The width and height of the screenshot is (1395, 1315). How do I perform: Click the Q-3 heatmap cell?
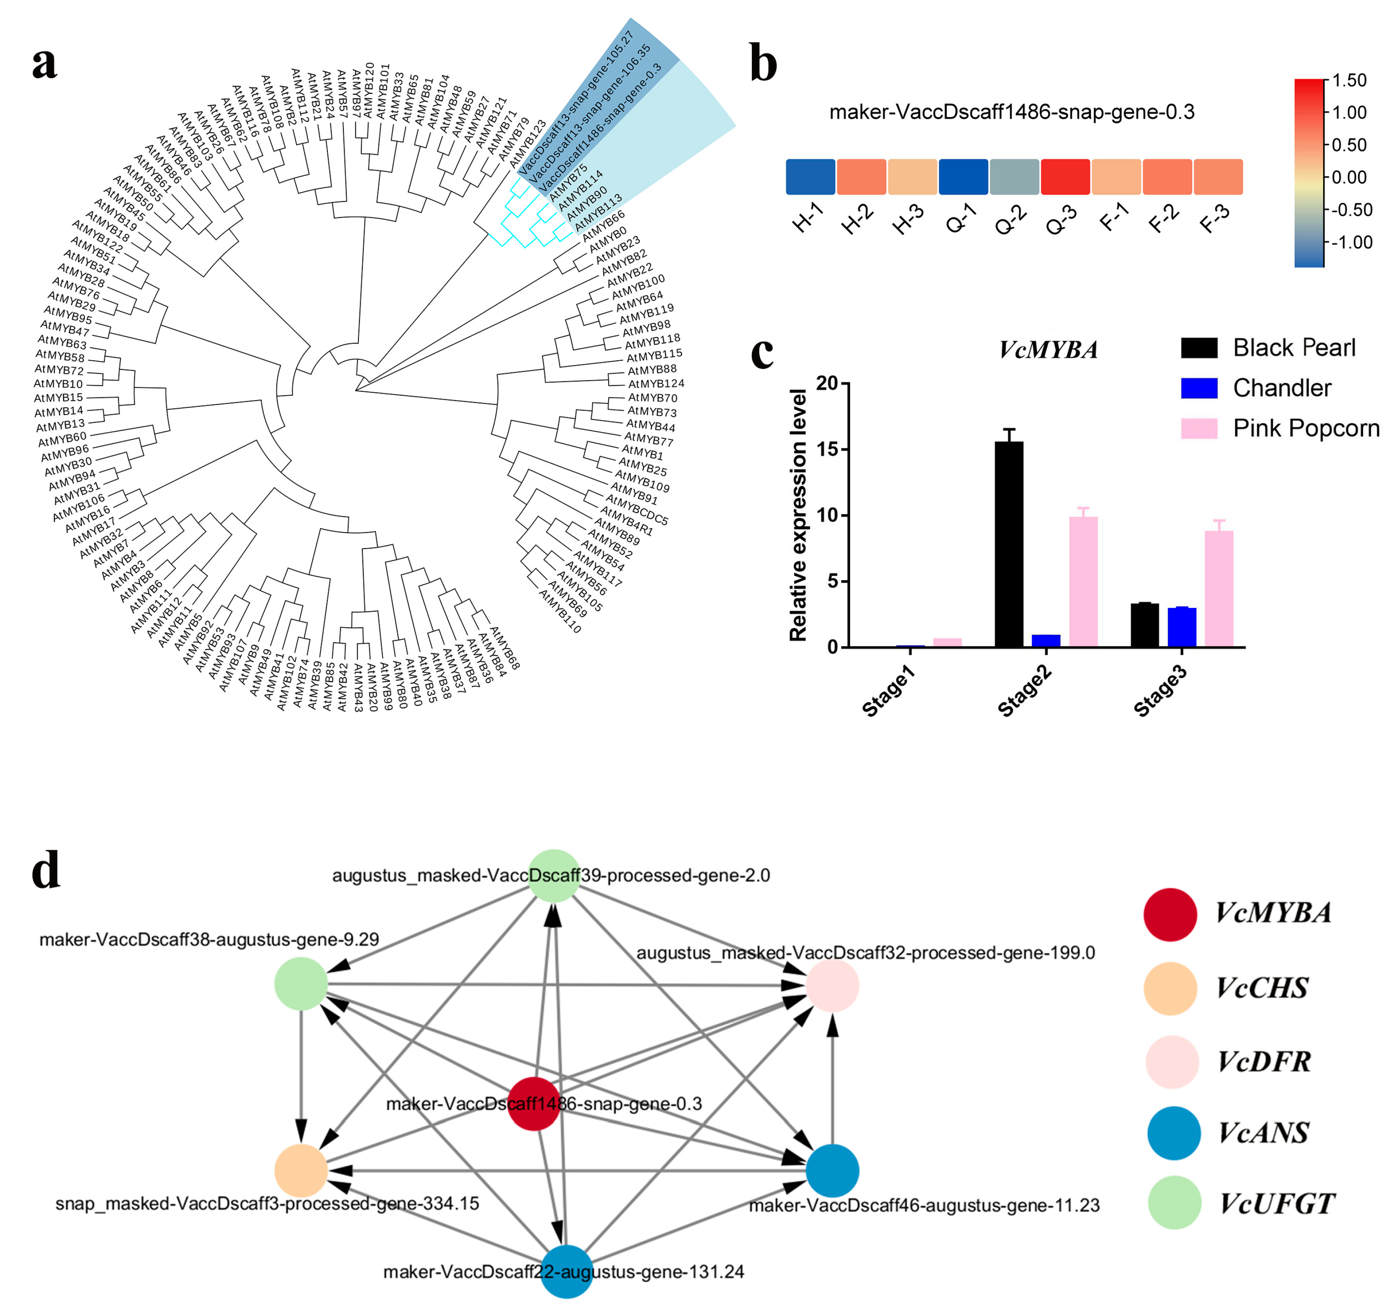tap(1065, 177)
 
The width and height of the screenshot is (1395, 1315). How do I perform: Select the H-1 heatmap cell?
tap(811, 177)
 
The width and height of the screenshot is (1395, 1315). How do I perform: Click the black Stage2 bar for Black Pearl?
tap(1009, 544)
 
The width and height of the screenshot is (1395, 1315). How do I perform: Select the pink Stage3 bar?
tap(1219, 588)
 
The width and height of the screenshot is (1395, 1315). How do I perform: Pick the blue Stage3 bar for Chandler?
tap(1182, 627)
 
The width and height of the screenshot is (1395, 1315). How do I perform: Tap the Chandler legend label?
tap(1281, 388)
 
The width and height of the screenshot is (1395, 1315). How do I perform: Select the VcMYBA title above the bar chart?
tap(1048, 349)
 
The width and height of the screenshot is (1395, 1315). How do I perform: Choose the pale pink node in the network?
tap(832, 986)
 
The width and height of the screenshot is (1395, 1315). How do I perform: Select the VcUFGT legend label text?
tap(1276, 1204)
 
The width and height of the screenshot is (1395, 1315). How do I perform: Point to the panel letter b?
tap(764, 63)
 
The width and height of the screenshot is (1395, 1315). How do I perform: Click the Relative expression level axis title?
tap(798, 515)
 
